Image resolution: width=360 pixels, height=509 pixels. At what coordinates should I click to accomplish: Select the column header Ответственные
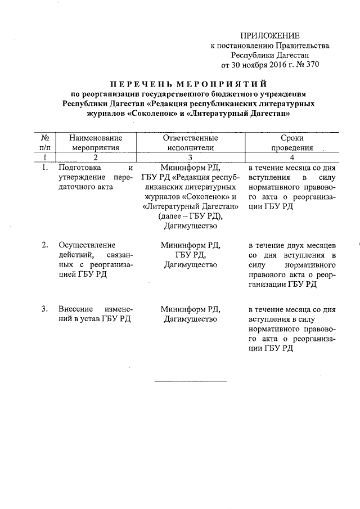click(x=190, y=138)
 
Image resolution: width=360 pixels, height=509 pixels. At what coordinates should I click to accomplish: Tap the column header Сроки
click(x=291, y=138)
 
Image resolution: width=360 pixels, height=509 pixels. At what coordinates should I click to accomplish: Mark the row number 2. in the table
click(x=44, y=246)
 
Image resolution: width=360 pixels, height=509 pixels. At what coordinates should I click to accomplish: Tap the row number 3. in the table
click(x=44, y=309)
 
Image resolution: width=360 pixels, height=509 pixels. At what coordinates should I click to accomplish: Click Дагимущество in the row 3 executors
click(x=190, y=319)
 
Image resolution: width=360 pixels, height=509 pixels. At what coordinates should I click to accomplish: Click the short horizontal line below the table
click(x=190, y=381)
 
